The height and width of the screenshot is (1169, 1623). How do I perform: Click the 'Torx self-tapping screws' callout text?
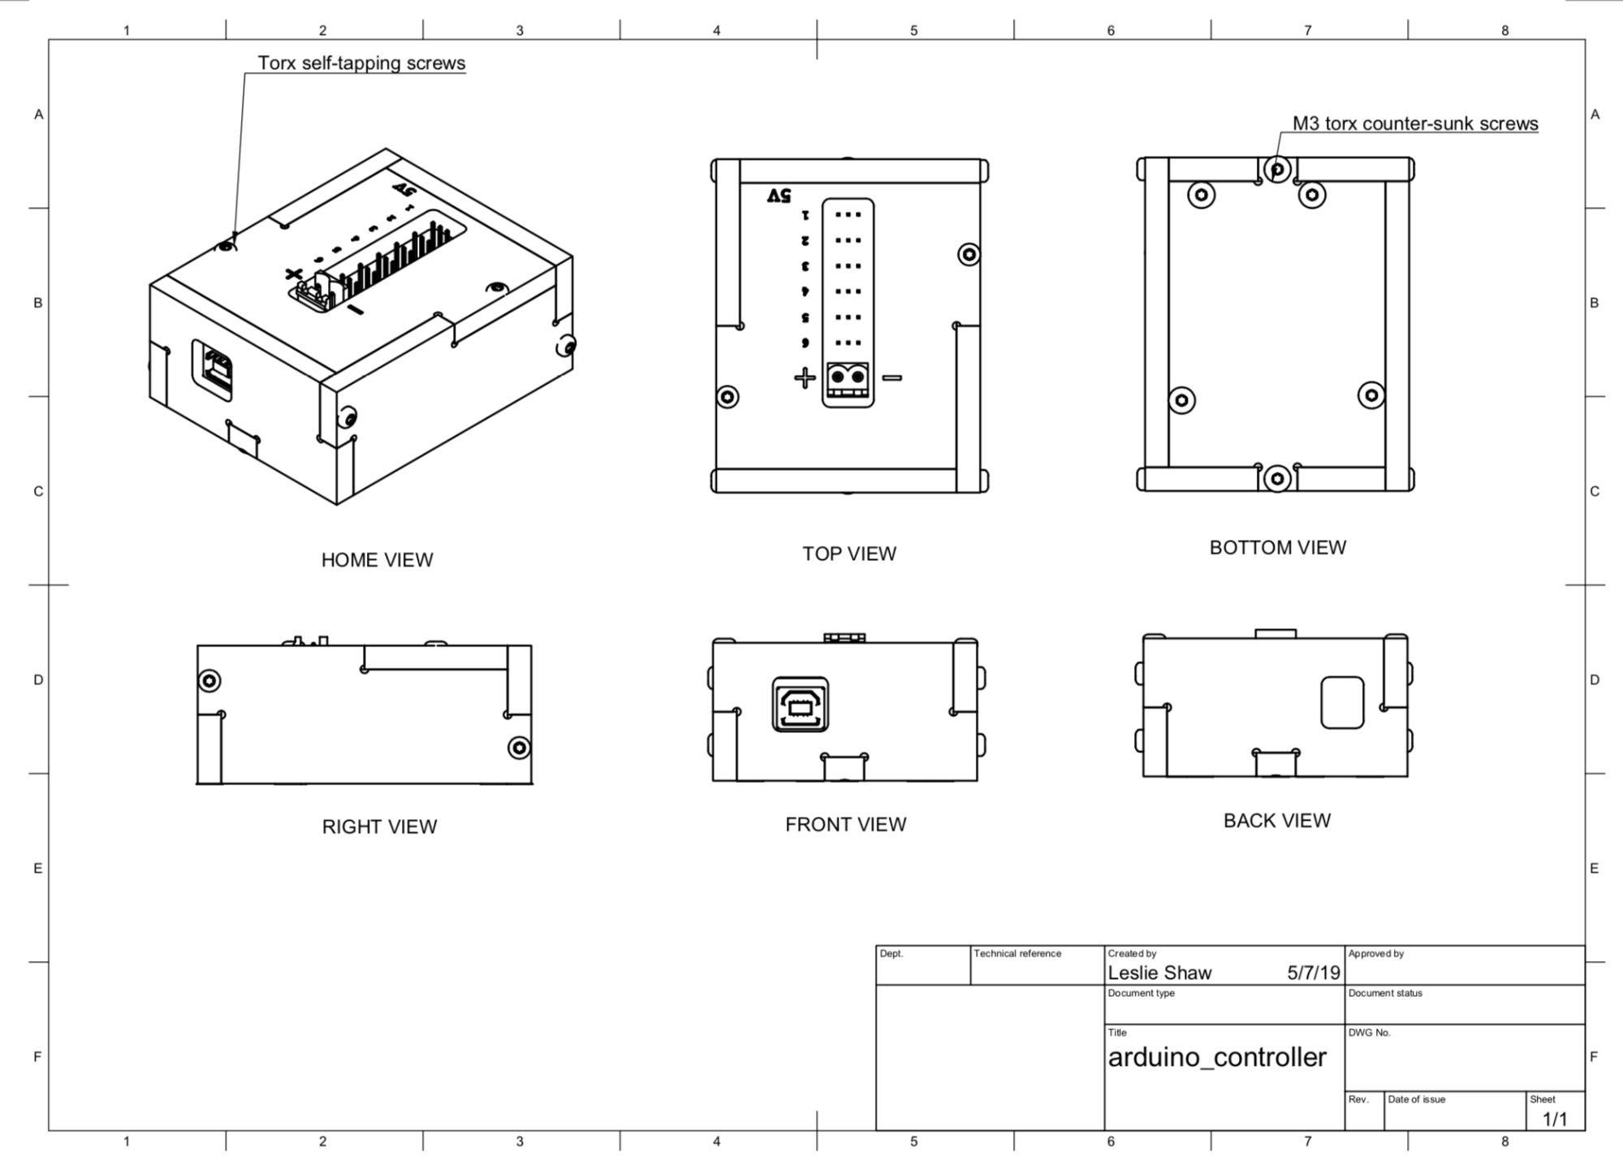(x=361, y=63)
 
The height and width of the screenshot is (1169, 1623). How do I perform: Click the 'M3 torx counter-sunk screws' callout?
(x=1414, y=123)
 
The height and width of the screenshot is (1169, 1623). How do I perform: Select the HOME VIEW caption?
(x=377, y=560)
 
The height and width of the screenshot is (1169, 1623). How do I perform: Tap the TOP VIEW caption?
(x=849, y=554)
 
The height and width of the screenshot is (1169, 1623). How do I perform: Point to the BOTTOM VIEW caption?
(x=1277, y=548)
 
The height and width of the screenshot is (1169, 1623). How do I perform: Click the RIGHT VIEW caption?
(x=379, y=826)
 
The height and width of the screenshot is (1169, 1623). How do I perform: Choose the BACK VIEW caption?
(x=1276, y=821)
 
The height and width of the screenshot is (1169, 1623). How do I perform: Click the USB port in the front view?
(x=801, y=705)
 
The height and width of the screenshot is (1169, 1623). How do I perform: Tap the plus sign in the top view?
(x=804, y=377)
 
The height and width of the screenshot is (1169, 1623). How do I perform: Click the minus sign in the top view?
(x=892, y=377)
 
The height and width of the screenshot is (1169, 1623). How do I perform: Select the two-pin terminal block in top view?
(x=848, y=383)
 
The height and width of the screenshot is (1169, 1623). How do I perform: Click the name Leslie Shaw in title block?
(x=1159, y=973)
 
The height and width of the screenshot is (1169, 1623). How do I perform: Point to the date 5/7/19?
(x=1313, y=973)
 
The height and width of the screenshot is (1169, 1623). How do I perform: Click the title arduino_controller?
(x=1216, y=1057)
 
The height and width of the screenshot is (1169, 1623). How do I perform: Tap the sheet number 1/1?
(x=1554, y=1119)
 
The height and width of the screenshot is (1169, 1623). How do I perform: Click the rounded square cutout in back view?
(x=1342, y=703)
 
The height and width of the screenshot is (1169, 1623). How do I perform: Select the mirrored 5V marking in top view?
(x=778, y=196)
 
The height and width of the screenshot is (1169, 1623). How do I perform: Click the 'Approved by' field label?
(x=1375, y=953)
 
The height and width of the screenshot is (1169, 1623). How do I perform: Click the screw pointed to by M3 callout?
(x=1277, y=170)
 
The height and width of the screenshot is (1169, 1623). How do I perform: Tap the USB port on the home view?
(x=214, y=369)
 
